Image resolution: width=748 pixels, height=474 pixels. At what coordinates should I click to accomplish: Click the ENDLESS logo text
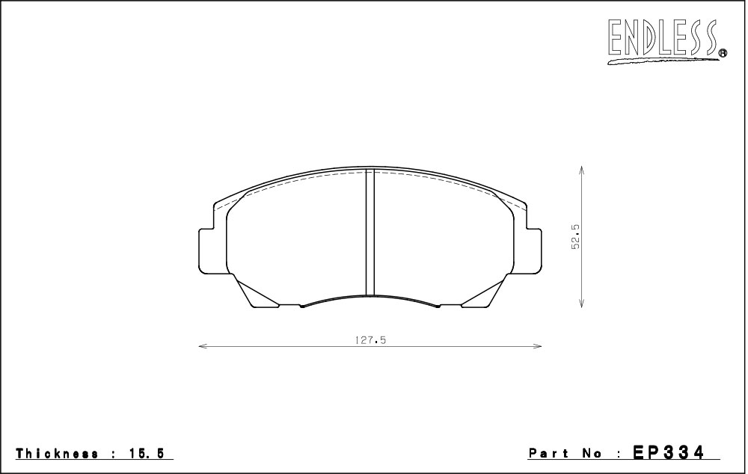(663, 37)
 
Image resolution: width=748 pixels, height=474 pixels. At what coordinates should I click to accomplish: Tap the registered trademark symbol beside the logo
(723, 53)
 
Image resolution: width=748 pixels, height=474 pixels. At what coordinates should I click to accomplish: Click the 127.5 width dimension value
(370, 340)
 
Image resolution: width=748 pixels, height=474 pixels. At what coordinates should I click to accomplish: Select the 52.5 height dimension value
(575, 236)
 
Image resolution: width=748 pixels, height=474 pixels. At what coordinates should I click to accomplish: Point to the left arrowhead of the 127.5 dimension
(202, 346)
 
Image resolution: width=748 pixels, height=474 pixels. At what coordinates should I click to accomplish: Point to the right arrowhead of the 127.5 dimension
(538, 346)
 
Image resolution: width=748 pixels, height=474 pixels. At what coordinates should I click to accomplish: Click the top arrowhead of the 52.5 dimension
(581, 170)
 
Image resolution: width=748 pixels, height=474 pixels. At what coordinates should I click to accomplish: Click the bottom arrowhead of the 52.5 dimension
(581, 303)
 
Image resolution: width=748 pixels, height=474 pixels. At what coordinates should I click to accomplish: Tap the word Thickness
(58, 454)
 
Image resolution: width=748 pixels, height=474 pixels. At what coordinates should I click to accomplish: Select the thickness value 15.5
(146, 454)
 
